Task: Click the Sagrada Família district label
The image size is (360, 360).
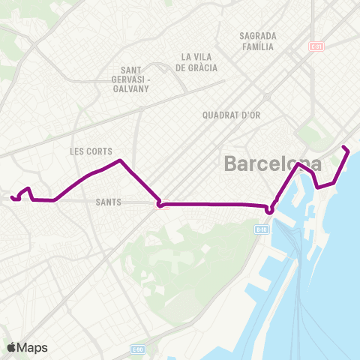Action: tap(257, 40)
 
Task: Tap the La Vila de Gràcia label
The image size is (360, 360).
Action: tap(199, 61)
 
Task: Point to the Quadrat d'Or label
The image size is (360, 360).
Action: tap(229, 115)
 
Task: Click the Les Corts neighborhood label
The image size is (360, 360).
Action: tap(91, 151)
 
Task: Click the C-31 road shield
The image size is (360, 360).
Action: tap(316, 46)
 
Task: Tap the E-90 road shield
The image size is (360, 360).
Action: tap(136, 349)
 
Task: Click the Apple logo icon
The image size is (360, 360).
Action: tap(11, 346)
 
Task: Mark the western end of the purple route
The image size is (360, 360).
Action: tap(12, 198)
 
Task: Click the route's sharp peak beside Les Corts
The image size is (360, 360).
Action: tap(119, 160)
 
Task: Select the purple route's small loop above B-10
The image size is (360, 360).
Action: tap(270, 209)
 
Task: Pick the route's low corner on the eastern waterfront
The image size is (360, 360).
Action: tap(318, 187)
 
